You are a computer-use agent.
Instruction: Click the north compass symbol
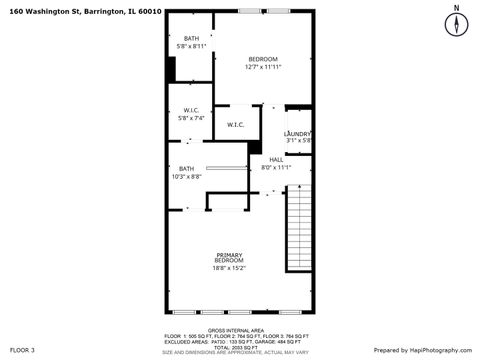point(456,26)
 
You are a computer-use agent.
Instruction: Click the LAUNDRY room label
point(298,134)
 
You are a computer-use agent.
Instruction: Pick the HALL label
point(275,159)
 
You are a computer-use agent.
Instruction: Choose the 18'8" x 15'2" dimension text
point(229,268)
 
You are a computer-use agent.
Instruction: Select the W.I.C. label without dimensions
point(236,125)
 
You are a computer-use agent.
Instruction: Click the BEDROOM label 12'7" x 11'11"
point(263,59)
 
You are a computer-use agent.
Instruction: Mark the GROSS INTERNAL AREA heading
point(236,330)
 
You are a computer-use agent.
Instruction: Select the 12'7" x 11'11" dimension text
point(263,67)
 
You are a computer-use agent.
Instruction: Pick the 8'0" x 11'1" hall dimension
point(275,167)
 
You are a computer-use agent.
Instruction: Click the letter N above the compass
point(456,7)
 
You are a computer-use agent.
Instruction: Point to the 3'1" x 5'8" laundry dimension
point(299,141)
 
